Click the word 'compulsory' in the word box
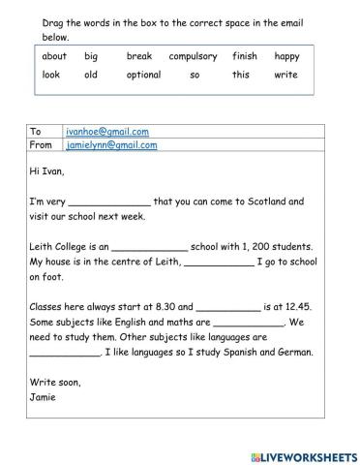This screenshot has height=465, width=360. pos(192,56)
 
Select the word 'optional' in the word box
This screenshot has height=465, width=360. pos(143,75)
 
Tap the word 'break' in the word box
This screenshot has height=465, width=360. pos(139,56)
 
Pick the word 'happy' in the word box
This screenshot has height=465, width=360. pos(286,56)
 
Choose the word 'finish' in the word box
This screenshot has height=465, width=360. pos(245,56)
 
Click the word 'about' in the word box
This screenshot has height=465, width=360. pos(55,56)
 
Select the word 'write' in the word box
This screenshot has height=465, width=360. pos(285,75)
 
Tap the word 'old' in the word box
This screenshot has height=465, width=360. pos(91,75)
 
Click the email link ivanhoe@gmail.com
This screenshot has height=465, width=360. pos(106,130)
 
